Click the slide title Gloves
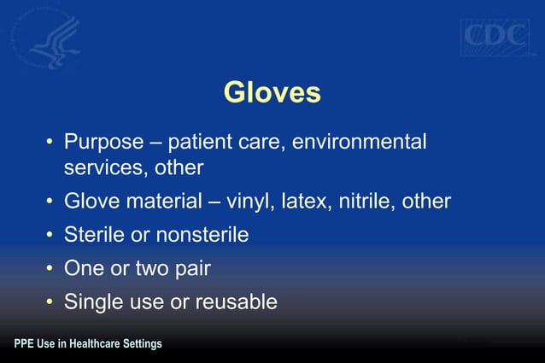(x=272, y=92)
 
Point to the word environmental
(x=360, y=142)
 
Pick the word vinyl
(x=271, y=202)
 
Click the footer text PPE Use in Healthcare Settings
(x=88, y=344)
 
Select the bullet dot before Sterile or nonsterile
(x=50, y=235)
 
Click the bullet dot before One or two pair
(x=50, y=268)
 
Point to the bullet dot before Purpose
(x=50, y=142)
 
